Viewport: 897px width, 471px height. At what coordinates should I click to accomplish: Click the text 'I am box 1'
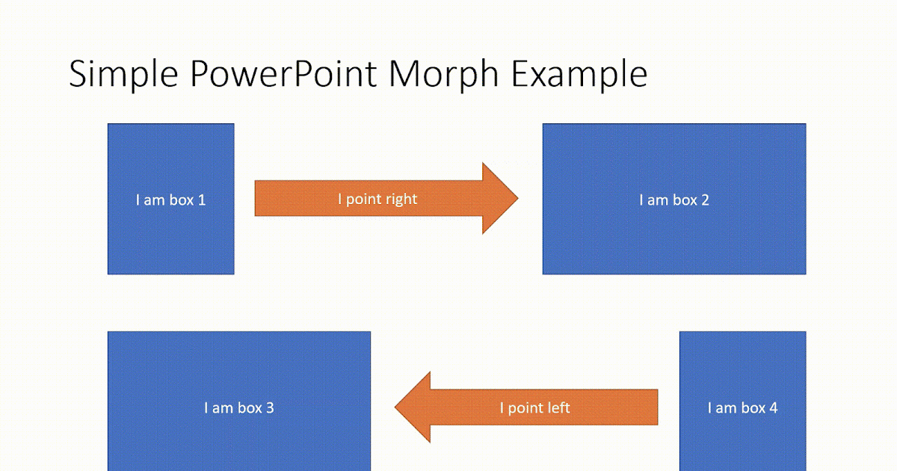170,200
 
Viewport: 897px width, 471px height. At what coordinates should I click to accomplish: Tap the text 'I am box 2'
673,200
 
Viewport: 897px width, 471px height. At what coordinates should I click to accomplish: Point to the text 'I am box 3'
238,408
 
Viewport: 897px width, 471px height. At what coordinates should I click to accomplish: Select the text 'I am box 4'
742,408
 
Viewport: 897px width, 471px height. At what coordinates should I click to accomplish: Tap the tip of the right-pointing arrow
515,198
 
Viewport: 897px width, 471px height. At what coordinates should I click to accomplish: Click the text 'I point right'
377,199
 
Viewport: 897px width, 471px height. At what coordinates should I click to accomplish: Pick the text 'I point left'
534,408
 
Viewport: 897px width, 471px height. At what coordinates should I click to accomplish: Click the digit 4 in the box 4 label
773,408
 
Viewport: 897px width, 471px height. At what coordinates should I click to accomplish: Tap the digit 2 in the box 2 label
705,200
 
